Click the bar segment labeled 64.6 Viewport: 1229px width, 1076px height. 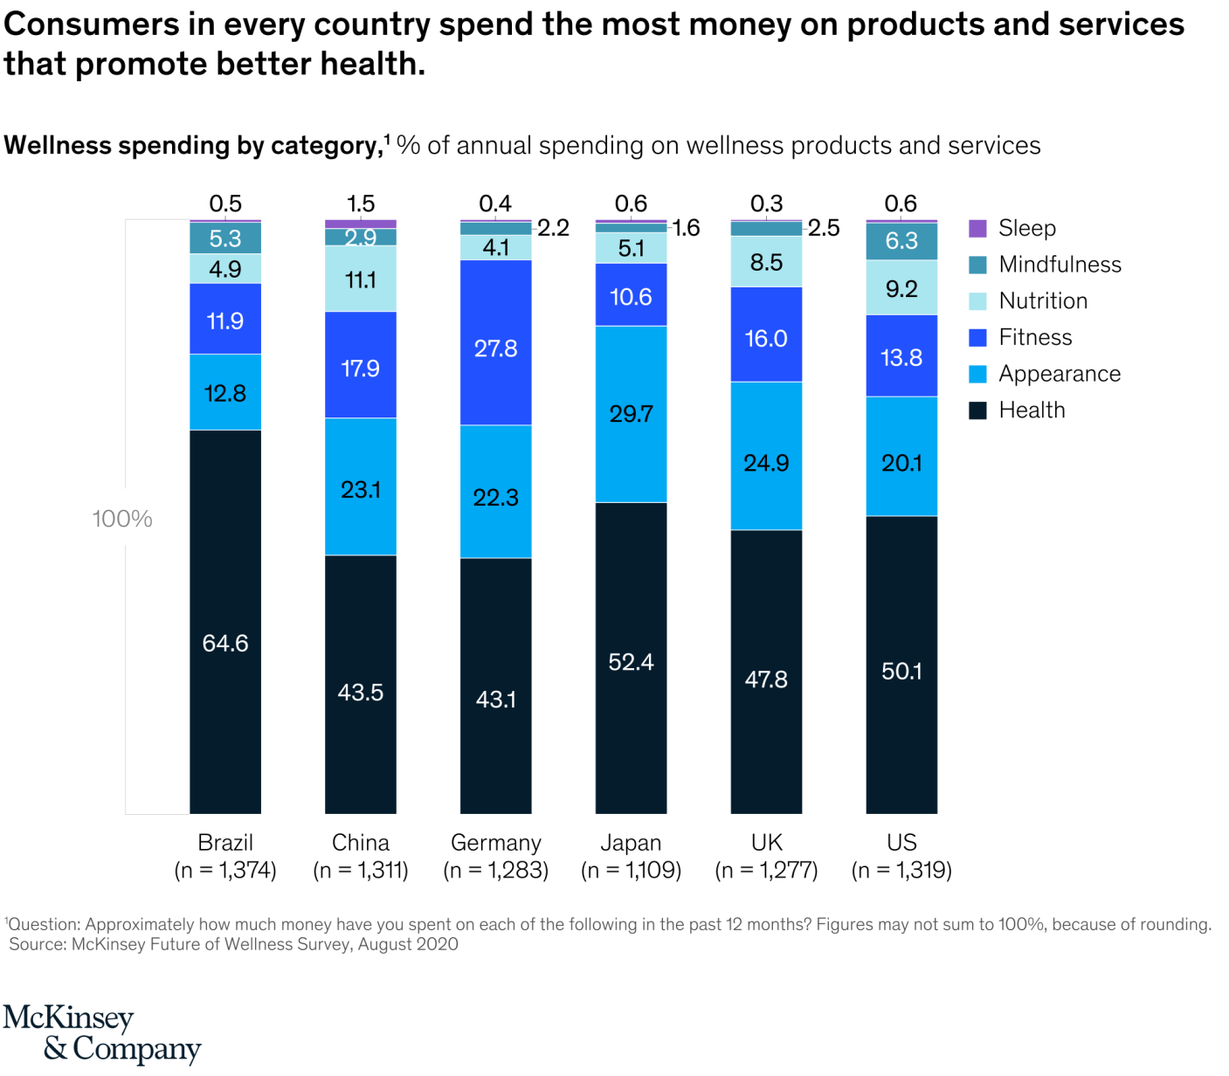click(225, 622)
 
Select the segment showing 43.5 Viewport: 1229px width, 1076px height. click(361, 685)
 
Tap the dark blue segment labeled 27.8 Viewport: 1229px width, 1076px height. click(496, 342)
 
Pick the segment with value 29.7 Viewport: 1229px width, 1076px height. click(631, 414)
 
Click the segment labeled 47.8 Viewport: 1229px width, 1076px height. click(766, 672)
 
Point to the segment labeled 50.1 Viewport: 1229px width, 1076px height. click(901, 665)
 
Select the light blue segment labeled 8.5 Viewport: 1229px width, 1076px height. click(766, 262)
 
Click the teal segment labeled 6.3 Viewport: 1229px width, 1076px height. click(901, 241)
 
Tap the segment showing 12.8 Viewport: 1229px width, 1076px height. click(225, 392)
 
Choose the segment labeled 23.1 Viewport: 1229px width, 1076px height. click(361, 486)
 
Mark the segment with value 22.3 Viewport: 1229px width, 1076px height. click(496, 492)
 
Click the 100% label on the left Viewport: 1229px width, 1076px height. click(122, 519)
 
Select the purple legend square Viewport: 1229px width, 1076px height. click(978, 229)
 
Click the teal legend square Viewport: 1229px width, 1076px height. click(978, 266)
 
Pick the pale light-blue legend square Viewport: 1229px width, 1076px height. click(978, 301)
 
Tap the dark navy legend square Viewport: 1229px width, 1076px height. click(978, 410)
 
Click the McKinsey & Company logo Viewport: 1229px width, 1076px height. click(101, 1032)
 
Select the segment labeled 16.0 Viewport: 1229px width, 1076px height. click(766, 335)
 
